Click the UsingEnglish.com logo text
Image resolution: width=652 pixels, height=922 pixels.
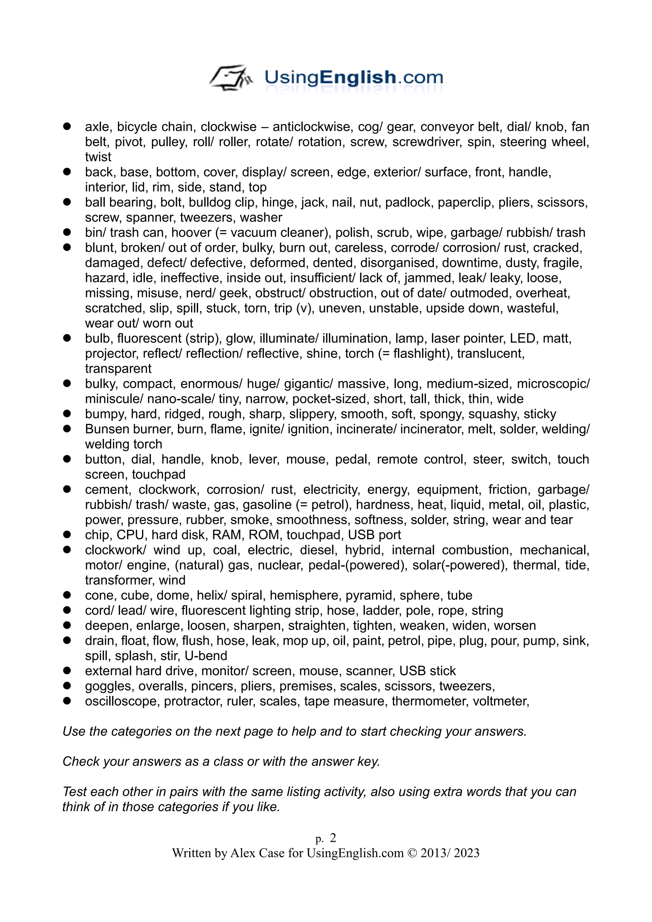[x=353, y=77]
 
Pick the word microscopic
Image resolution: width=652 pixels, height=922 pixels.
[x=552, y=384]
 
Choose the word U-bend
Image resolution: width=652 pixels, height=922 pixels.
[x=206, y=656]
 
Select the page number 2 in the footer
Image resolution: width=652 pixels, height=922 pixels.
[x=333, y=838]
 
